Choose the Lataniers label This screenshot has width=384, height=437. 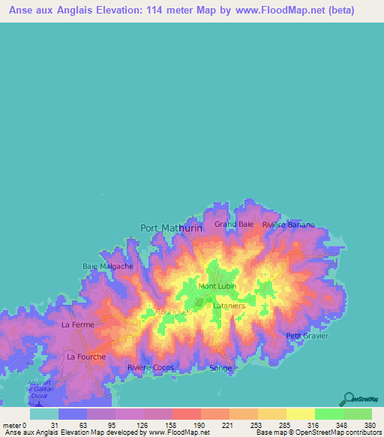click(228, 306)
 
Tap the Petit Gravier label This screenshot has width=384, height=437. click(308, 336)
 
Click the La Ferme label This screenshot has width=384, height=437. click(77, 324)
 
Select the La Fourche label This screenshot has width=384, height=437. click(85, 357)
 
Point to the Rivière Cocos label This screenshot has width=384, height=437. click(150, 367)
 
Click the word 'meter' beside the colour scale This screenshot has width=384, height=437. click(12, 425)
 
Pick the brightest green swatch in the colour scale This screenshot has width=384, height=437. click(328, 414)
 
